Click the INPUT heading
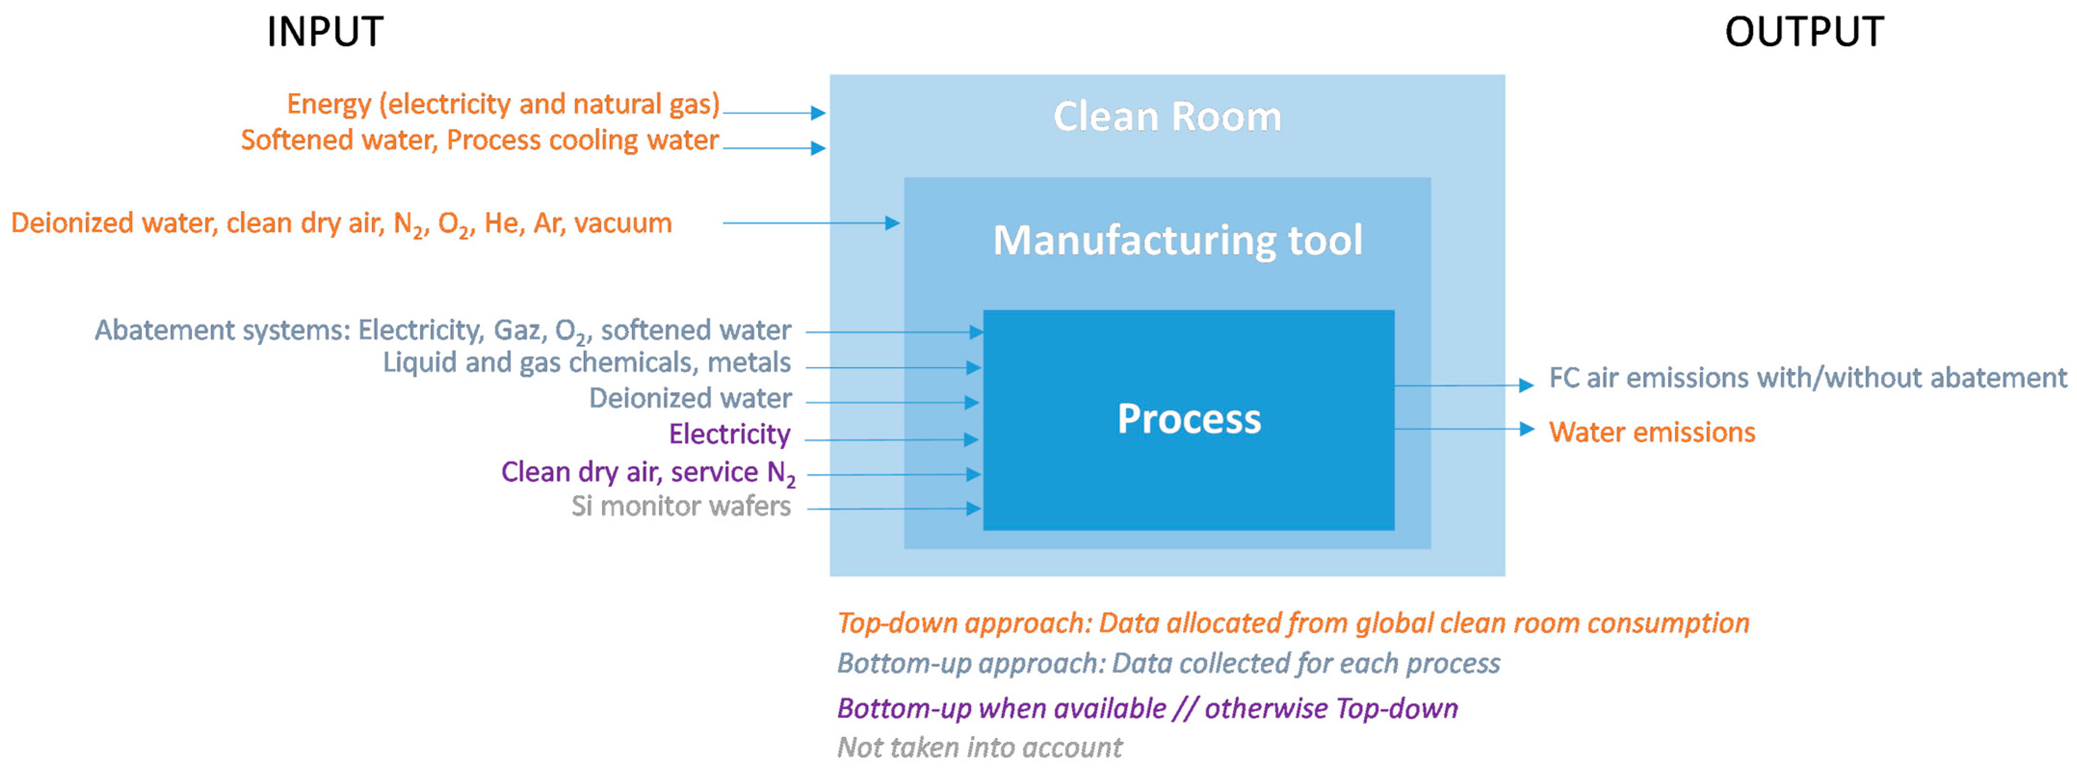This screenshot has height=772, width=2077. [x=325, y=32]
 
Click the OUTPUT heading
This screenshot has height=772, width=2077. [x=1803, y=32]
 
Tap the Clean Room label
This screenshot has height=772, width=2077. [x=1167, y=117]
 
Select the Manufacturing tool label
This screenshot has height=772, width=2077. [x=1177, y=240]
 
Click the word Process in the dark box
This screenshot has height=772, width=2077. [x=1189, y=419]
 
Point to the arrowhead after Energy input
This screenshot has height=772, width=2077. [x=818, y=113]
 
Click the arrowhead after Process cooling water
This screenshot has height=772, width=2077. [x=818, y=148]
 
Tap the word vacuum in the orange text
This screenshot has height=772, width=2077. [x=623, y=223]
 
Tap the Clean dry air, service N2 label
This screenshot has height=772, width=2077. [x=647, y=472]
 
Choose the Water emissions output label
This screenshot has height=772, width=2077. [x=1651, y=432]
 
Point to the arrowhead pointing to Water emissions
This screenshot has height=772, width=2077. [x=1526, y=429]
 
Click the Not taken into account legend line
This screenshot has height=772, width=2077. [x=979, y=748]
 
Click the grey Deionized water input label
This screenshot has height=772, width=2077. [x=690, y=398]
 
